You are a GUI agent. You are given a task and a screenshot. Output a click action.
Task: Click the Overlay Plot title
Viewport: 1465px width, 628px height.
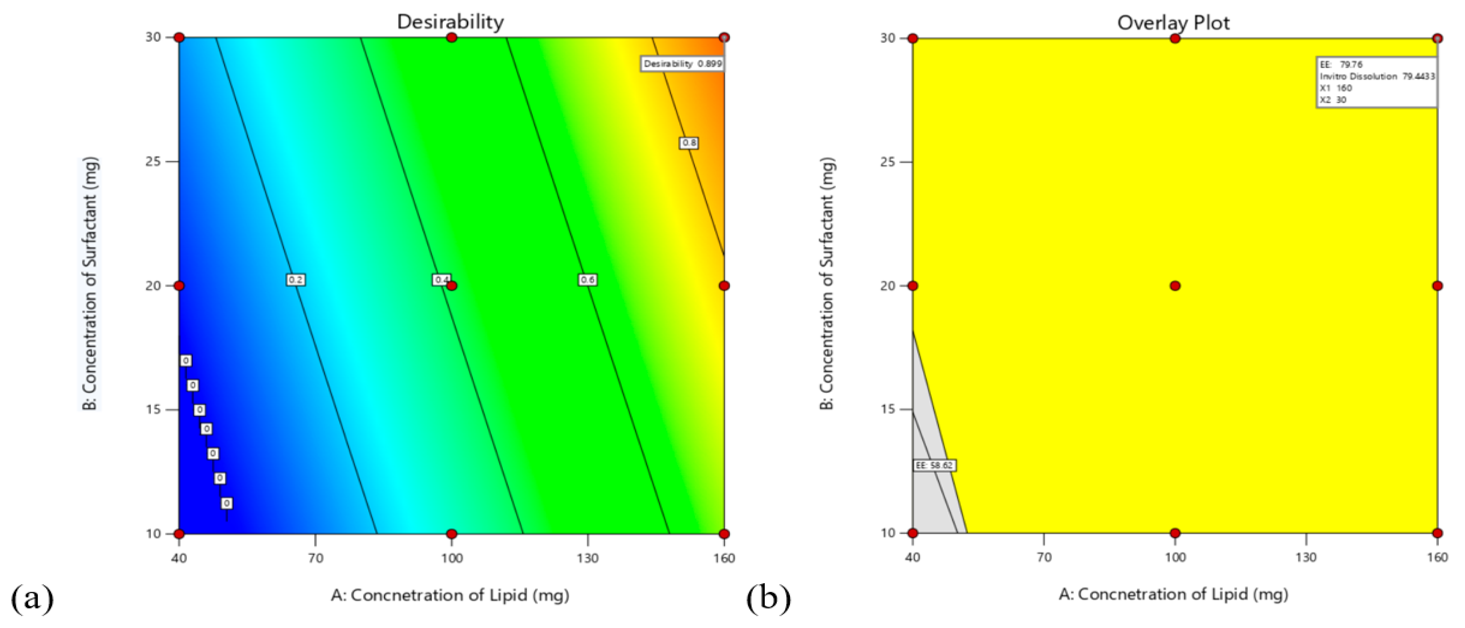point(1173,23)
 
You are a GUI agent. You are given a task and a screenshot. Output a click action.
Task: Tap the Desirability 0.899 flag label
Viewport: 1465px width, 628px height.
point(682,64)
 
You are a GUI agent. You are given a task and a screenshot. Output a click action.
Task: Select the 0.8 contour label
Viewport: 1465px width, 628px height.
point(689,143)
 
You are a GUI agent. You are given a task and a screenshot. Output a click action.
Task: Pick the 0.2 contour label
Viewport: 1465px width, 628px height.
point(295,279)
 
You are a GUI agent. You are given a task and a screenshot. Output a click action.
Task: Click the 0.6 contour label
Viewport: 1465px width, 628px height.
point(587,279)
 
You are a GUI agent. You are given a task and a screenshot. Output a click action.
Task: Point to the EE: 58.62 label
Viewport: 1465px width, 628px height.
point(934,465)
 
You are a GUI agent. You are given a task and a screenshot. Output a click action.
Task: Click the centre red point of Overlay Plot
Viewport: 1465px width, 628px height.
point(1175,285)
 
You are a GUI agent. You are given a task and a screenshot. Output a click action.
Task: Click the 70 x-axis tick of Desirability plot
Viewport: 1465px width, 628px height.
point(315,558)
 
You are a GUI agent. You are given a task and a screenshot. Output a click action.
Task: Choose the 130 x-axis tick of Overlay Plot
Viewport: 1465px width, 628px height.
point(1306,557)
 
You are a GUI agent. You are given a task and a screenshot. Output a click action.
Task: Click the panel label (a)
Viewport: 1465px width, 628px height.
point(32,598)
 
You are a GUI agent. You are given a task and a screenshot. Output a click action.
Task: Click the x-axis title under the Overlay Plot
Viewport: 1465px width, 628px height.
point(1173,594)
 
